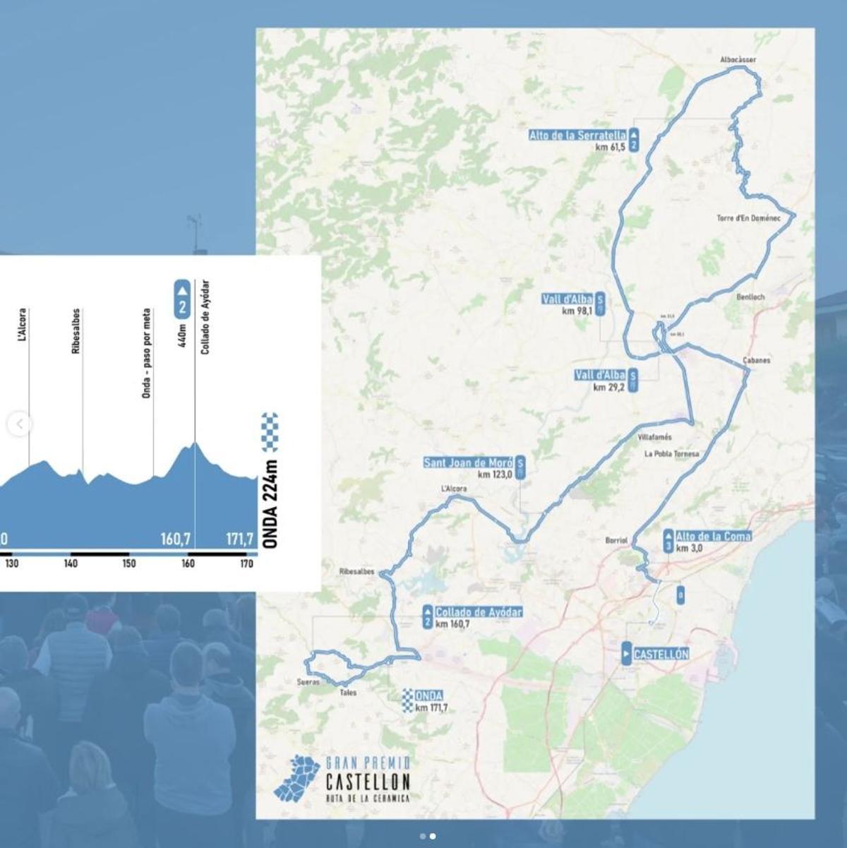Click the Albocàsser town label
tap(738, 60)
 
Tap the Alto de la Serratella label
tap(577, 135)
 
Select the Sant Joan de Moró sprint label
tap(468, 462)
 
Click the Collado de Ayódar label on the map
tap(479, 612)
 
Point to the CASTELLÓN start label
tap(661, 655)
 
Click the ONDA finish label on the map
tap(428, 696)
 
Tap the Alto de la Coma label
tap(713, 537)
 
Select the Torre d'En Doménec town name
tap(748, 218)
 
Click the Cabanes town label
tap(757, 361)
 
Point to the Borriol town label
tap(616, 541)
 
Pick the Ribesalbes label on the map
tap(356, 572)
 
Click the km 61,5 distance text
tap(610, 148)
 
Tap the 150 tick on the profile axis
tap(129, 563)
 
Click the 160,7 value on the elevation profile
tap(176, 540)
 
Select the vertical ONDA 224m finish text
tap(270, 503)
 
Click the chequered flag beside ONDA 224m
tap(270, 432)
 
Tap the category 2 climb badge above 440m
tap(182, 299)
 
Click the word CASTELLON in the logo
tap(368, 782)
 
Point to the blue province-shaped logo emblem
tap(297, 779)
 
